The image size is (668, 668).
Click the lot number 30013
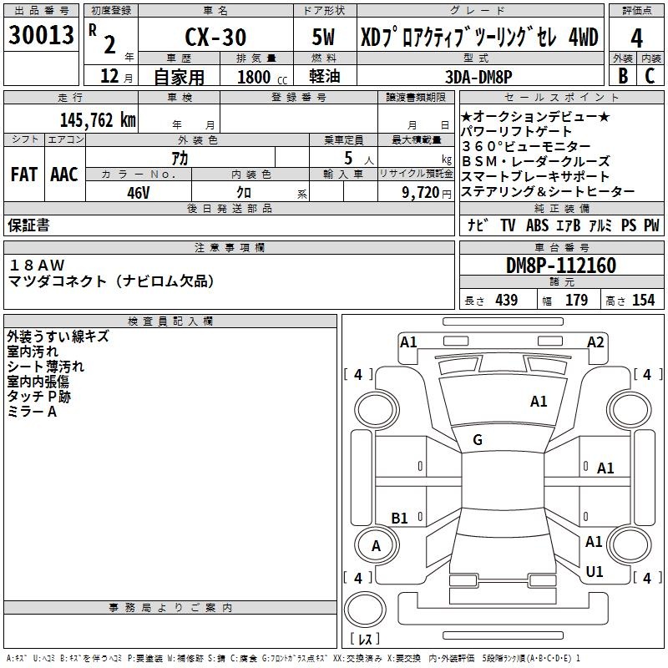[41, 35]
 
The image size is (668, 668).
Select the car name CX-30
[215, 37]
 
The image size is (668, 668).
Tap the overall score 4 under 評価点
[636, 38]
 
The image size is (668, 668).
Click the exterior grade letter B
[623, 75]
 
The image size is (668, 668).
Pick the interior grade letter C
[650, 75]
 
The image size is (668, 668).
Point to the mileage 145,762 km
[98, 120]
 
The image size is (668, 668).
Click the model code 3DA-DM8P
[478, 77]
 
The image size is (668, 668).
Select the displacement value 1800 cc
[262, 77]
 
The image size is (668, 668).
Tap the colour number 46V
[139, 193]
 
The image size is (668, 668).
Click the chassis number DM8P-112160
[561, 266]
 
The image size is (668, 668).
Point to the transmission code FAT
[24, 175]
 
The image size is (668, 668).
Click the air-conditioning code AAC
[64, 175]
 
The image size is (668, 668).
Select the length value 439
[507, 300]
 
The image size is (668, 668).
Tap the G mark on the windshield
[478, 440]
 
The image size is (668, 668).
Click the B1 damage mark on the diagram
[399, 518]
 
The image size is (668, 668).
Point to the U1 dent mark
[595, 571]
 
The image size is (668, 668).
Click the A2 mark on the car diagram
[595, 342]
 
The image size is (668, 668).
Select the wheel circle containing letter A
[377, 545]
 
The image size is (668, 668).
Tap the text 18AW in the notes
[37, 265]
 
